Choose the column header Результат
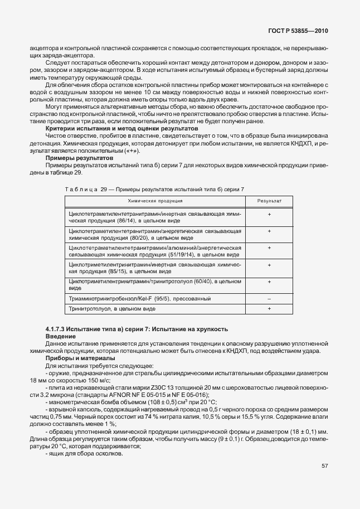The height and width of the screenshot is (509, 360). pos(269,200)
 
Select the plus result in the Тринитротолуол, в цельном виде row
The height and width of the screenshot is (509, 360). pos(269,308)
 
